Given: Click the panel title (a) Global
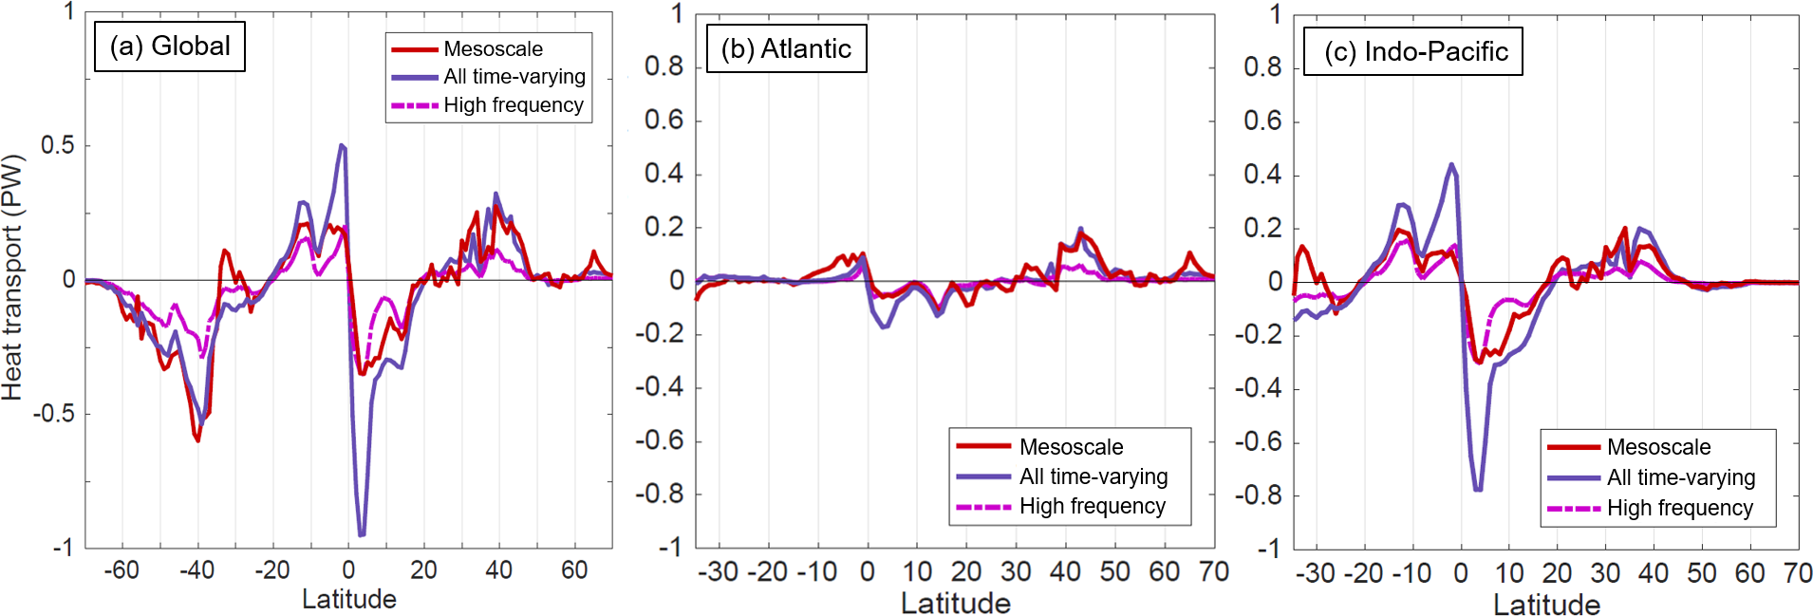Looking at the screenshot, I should (170, 47).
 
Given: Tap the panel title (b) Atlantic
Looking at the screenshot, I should (786, 49).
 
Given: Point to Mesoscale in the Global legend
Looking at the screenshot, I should (493, 49).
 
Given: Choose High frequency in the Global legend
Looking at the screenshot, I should (513, 105).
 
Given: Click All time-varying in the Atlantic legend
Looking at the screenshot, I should (1093, 476).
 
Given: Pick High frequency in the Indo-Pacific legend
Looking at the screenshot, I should (1679, 509).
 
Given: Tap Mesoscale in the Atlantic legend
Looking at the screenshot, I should (1071, 447).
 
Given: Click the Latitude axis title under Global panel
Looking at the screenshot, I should (348, 599).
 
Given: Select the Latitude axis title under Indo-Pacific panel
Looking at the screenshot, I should (1546, 604).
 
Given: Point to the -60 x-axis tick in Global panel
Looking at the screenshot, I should (121, 570).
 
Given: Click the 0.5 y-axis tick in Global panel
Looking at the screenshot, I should (57, 145).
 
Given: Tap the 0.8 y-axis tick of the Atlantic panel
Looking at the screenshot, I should (664, 66).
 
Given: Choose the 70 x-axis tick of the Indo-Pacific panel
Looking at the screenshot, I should (1798, 573).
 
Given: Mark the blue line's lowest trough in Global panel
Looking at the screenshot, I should (361, 534).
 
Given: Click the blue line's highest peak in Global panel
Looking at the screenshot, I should (342, 145).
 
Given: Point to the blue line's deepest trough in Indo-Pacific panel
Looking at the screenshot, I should (1478, 490).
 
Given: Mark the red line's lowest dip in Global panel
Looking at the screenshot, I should (197, 440).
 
